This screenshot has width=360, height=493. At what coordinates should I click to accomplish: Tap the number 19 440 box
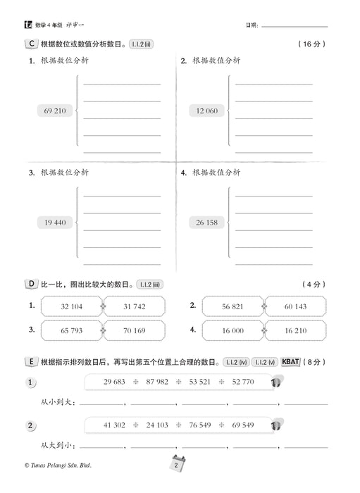[x=54, y=223]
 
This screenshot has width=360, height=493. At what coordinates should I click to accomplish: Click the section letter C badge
[x=30, y=44]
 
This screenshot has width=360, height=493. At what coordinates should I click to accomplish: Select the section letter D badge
[x=30, y=284]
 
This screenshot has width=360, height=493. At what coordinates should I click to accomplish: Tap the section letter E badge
[x=30, y=361]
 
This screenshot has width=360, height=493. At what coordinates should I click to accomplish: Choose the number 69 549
[x=242, y=426]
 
